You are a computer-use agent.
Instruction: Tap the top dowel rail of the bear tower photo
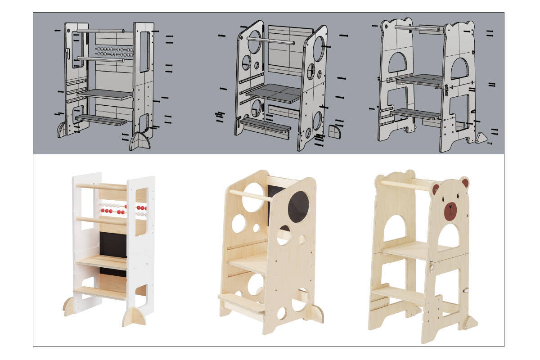coord(405,184)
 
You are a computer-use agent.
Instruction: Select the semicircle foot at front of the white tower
coord(134,317)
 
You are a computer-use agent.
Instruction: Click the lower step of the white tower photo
coord(100,293)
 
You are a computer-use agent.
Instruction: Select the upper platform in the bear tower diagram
coord(419,80)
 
